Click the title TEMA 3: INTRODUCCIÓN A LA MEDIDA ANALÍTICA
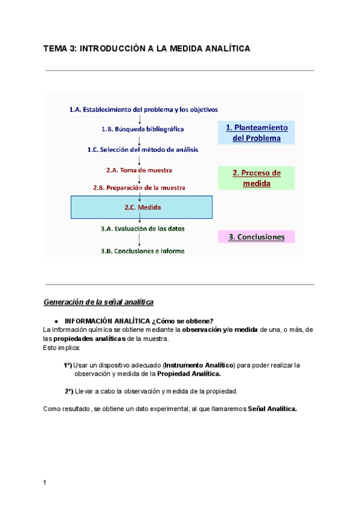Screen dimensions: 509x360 tap(146, 48)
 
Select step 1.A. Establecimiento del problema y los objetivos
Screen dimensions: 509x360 tap(143, 110)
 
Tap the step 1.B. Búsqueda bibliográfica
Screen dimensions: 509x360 tap(142, 129)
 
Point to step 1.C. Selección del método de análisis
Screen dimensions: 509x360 tap(142, 149)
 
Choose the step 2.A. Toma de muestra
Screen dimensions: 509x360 tap(139, 170)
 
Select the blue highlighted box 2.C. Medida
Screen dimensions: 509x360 tap(142, 208)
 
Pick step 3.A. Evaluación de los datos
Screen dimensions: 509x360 tap(143, 229)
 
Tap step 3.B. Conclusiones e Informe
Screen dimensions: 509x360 tap(143, 251)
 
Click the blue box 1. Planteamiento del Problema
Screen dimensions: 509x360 tap(257, 133)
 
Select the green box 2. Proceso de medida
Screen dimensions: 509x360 tap(256, 178)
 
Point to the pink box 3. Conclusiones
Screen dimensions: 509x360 tap(256, 237)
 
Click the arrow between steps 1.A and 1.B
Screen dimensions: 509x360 tap(140, 119)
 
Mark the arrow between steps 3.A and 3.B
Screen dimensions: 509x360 tap(140, 240)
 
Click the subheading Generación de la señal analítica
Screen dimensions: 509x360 tap(99, 301)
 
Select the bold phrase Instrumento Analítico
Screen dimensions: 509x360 tap(200, 365)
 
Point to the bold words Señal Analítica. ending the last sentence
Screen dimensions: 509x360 tap(272, 409)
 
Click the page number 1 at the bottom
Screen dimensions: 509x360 tap(45, 483)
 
